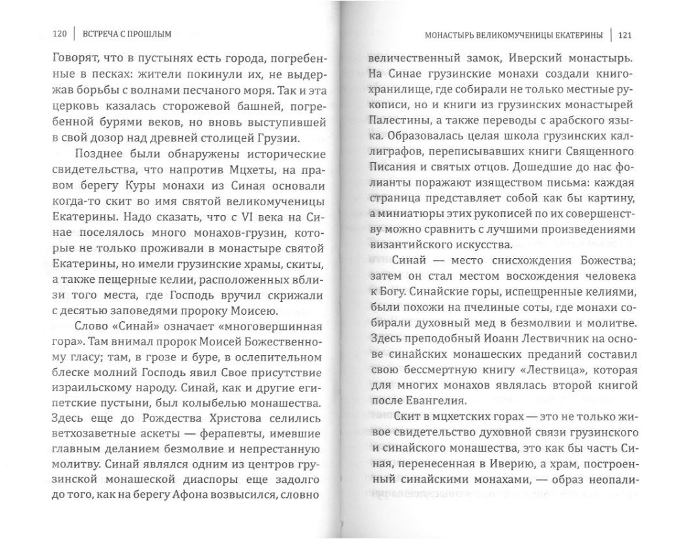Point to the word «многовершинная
tap(270, 325)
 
